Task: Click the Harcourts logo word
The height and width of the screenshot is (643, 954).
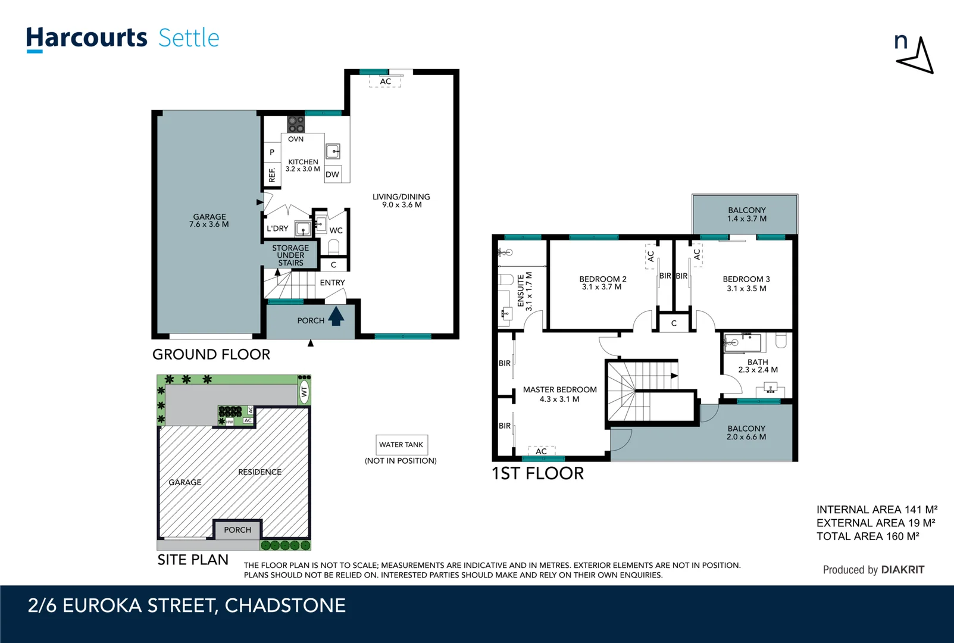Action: click(x=86, y=38)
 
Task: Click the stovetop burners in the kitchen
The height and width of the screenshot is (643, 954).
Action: click(x=296, y=124)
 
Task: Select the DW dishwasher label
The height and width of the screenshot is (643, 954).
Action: click(x=332, y=174)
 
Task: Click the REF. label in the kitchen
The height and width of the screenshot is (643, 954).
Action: click(x=272, y=174)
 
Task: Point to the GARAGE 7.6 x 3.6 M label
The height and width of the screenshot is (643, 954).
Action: click(x=209, y=221)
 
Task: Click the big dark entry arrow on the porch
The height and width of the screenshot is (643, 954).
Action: click(x=336, y=316)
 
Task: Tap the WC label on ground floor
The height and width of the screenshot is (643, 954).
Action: click(x=336, y=230)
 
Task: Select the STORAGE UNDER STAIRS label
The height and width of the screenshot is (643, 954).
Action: click(x=290, y=255)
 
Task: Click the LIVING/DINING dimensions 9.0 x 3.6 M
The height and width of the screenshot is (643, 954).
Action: click(x=402, y=205)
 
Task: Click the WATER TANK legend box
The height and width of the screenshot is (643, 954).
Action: click(x=401, y=445)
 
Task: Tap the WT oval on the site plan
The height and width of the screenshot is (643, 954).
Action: click(x=304, y=392)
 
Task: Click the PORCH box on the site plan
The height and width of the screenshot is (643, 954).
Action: click(x=237, y=529)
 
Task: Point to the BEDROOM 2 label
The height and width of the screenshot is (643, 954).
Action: click(x=602, y=279)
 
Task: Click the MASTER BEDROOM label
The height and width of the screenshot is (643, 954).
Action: click(x=559, y=390)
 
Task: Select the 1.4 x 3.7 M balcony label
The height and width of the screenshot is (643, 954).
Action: click(x=746, y=219)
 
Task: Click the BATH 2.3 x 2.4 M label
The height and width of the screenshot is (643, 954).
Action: click(x=758, y=366)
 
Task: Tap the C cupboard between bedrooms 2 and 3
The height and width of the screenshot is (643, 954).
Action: click(x=674, y=323)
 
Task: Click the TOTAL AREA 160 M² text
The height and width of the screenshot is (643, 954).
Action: click(x=867, y=536)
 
